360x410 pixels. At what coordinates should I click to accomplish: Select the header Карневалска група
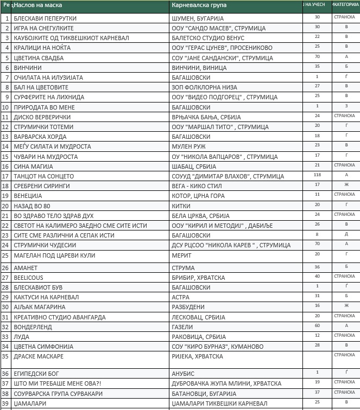click(x=199, y=6)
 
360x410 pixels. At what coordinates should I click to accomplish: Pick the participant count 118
click(x=317, y=175)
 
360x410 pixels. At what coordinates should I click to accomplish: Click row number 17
click(x=7, y=176)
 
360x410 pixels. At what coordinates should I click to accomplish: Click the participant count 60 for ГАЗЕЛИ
click(x=317, y=325)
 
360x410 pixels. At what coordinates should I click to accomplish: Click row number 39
click(x=7, y=403)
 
